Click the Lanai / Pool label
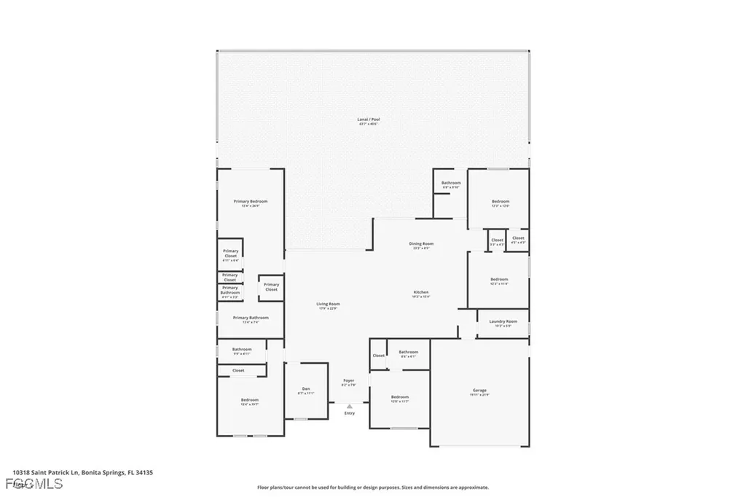tap(368, 120)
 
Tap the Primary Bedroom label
tap(250, 201)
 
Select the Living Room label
tap(328, 304)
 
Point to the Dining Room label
tap(420, 243)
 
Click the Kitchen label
tap(421, 292)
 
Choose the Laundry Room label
tap(502, 321)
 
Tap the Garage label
tap(479, 391)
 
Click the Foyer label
tap(348, 380)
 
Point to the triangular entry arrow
tap(349, 406)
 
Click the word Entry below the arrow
tap(349, 413)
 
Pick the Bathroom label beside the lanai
tap(450, 183)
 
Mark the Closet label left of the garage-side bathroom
tap(378, 356)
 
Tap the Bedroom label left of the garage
tap(399, 397)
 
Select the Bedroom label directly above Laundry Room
tap(499, 279)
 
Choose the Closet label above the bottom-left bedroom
tap(238, 370)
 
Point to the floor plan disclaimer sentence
tap(372, 488)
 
